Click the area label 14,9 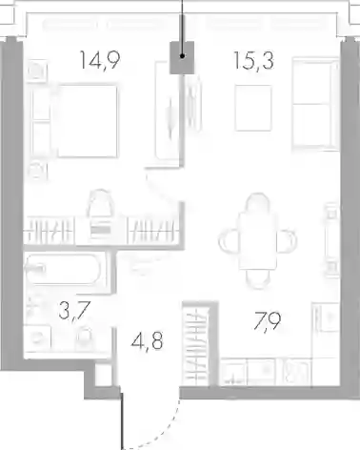(x=100, y=60)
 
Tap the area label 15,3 (x=254, y=60)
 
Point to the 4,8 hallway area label (x=148, y=341)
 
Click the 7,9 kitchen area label (x=267, y=321)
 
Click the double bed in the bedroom (x=87, y=121)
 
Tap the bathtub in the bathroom (x=64, y=270)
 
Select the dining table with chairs (x=258, y=241)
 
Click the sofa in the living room (x=315, y=103)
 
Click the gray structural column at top (x=182, y=58)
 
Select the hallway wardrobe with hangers (x=196, y=344)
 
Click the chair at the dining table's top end (x=258, y=203)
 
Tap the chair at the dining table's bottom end (x=258, y=279)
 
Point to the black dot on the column (x=182, y=56)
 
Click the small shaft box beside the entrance (x=104, y=376)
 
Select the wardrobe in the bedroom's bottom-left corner (x=50, y=230)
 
